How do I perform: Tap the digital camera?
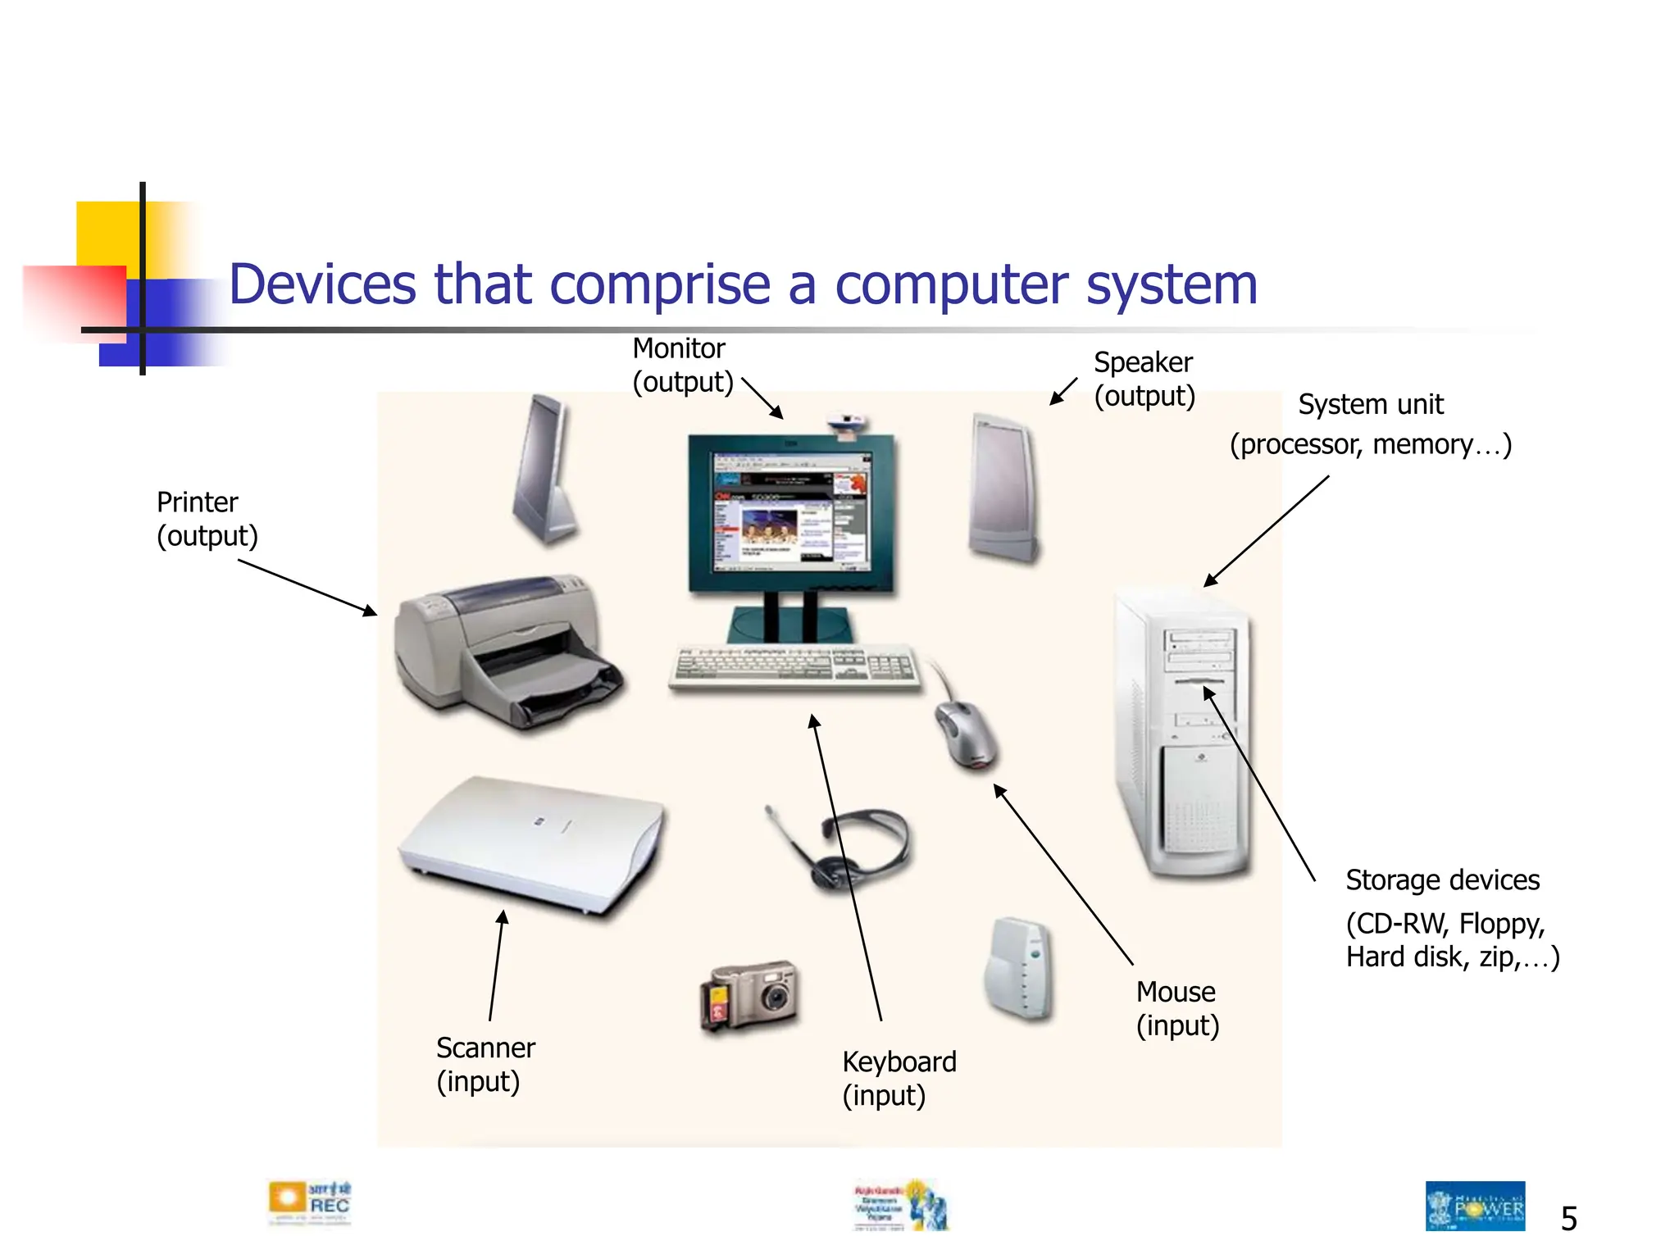tap(749, 996)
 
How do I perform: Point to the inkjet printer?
tap(504, 652)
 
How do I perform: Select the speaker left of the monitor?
tap(544, 470)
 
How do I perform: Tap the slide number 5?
tap(1568, 1219)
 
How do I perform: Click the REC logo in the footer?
tap(310, 1203)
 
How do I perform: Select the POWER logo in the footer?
tap(1475, 1206)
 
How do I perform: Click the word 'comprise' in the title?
tap(660, 284)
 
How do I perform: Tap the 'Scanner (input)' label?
tap(485, 1064)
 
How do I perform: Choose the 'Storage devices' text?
tap(1442, 880)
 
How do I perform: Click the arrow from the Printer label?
tap(307, 587)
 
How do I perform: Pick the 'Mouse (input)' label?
tap(1177, 1008)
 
